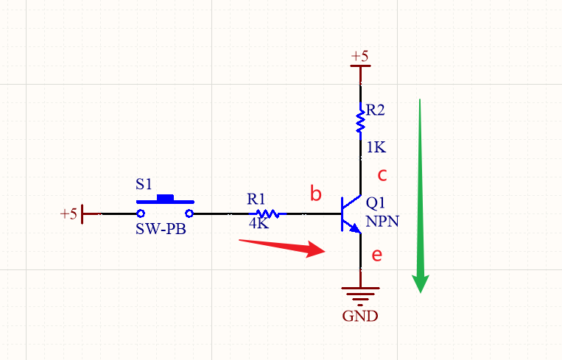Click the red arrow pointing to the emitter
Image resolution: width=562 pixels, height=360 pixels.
tap(284, 246)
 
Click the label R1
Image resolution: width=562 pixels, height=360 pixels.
tap(256, 199)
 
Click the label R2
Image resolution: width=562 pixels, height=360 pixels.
tap(376, 110)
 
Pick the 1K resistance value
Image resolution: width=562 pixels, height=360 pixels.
tap(376, 147)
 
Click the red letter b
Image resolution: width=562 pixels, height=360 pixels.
tap(316, 194)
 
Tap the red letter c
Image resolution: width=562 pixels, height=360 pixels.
tap(382, 175)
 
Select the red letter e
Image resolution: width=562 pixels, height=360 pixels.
tap(376, 255)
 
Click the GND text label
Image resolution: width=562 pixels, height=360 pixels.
tap(360, 317)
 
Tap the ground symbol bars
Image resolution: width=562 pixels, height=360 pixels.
tap(360, 295)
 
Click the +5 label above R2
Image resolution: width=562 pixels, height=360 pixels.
tap(360, 56)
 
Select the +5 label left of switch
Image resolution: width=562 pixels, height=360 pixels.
tap(69, 214)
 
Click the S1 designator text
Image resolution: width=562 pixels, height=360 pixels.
tap(144, 183)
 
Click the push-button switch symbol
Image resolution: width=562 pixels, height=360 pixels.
tap(165, 207)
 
